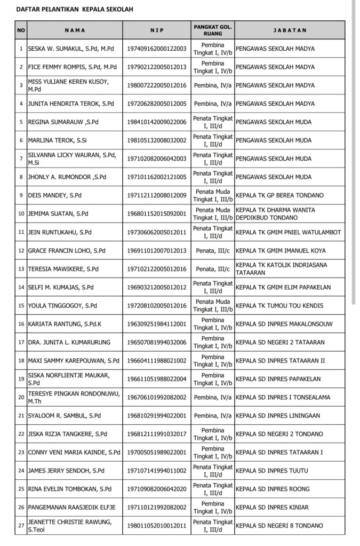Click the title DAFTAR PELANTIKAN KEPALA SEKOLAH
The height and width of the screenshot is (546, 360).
[74, 10]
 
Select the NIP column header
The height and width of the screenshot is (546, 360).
[157, 30]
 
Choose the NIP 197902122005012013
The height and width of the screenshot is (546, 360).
[157, 67]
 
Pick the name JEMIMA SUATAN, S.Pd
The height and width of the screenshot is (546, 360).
[58, 214]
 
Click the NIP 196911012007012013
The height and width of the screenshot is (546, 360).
[157, 250]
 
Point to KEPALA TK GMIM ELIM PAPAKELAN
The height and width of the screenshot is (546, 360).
[283, 287]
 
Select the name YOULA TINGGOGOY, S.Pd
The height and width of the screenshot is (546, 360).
[62, 306]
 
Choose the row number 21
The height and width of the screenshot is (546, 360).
[21, 416]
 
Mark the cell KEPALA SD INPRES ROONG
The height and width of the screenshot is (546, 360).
[275, 489]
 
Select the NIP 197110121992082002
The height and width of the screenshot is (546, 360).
[157, 508]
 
